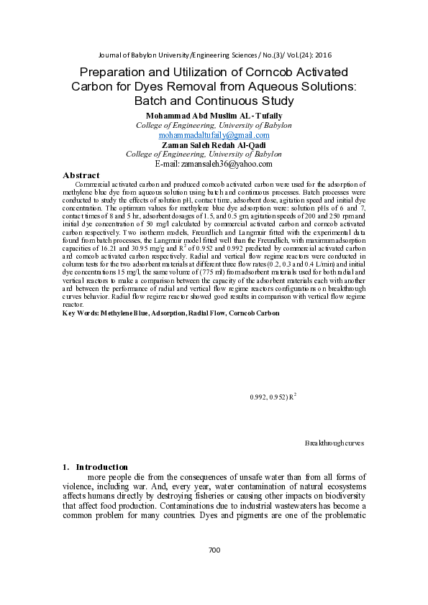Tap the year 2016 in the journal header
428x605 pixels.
tap(322, 55)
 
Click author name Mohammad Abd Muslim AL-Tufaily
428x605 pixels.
tap(214, 116)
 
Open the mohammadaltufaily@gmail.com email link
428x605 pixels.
tap(214, 134)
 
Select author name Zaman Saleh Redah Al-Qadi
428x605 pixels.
tap(214, 144)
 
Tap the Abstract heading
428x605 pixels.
tap(81, 175)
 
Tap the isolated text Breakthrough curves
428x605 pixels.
tap(334, 443)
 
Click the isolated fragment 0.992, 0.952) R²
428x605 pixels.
tap(273, 397)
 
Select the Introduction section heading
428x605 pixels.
tap(101, 466)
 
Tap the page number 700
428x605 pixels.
tap(214, 550)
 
